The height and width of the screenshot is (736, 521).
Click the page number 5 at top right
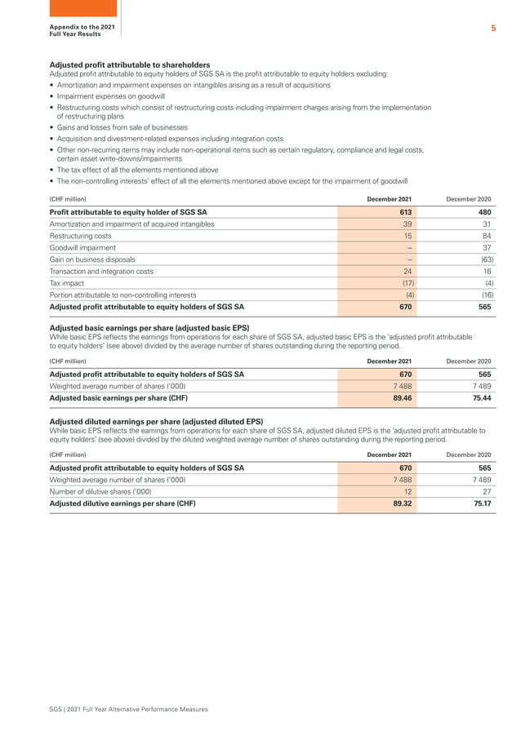tap(493, 29)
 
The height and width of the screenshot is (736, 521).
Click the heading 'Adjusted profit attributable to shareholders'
tap(130, 64)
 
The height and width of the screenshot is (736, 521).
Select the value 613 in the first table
tap(405, 211)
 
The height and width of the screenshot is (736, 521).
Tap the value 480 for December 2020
tap(484, 211)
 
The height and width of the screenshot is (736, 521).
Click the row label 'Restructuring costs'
tap(81, 235)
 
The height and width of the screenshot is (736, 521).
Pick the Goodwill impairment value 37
tap(487, 247)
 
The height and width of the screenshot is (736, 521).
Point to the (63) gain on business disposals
tap(485, 259)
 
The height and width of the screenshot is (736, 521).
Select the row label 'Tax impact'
tap(66, 283)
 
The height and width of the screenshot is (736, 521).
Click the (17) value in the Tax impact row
tap(406, 283)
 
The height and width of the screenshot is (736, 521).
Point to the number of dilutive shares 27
tap(487, 492)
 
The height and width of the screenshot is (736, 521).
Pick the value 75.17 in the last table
tap(482, 503)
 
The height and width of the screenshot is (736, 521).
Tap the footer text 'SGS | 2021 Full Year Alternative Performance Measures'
tap(129, 709)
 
